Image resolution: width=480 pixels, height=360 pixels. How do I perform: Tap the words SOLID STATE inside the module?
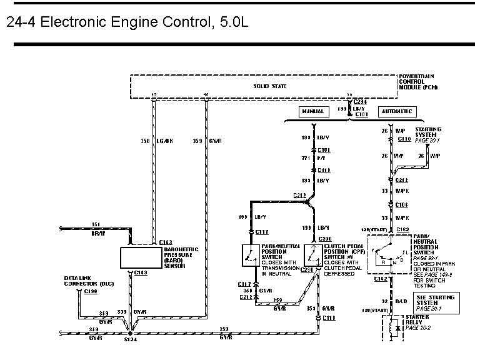[269, 86]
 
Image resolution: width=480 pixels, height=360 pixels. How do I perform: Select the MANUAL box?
[313, 112]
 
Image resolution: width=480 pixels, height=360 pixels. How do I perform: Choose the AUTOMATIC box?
[397, 112]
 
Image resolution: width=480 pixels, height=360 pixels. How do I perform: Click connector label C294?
[361, 101]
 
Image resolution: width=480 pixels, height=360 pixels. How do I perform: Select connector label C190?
[90, 291]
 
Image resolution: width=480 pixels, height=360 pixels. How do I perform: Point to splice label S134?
[131, 339]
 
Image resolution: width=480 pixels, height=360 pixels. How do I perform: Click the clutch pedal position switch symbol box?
[313, 255]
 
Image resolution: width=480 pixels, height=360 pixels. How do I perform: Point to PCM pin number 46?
[206, 95]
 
